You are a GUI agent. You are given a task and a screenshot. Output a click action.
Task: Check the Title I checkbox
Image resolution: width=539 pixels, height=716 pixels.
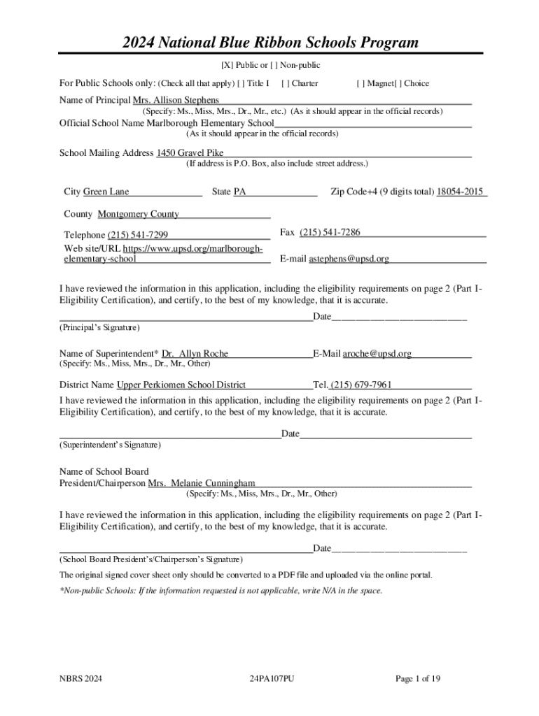[241, 83]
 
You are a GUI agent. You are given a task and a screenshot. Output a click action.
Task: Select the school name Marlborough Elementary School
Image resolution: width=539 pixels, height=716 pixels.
[210, 123]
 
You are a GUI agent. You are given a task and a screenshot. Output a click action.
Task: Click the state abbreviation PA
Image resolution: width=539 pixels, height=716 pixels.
[239, 192]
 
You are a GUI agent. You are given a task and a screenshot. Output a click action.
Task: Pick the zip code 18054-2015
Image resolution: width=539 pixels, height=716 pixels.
[460, 192]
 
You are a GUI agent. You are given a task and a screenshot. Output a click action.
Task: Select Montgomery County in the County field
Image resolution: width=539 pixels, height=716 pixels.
[138, 214]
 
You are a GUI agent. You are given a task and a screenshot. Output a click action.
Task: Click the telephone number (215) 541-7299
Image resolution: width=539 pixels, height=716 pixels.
[138, 235]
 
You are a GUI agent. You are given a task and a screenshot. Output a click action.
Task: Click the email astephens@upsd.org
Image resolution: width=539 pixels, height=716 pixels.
[349, 259]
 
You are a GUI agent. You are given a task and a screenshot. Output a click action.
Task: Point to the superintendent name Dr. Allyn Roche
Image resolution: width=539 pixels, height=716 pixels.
[195, 354]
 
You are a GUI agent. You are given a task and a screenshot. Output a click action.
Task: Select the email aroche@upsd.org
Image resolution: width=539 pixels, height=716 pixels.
[377, 354]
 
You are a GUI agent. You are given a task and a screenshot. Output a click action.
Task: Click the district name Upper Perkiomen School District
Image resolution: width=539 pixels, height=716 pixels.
[181, 385]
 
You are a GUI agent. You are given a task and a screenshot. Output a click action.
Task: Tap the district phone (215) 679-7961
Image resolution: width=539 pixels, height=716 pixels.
[361, 385]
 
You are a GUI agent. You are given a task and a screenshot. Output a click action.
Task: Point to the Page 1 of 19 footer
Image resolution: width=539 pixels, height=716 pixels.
[418, 679]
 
